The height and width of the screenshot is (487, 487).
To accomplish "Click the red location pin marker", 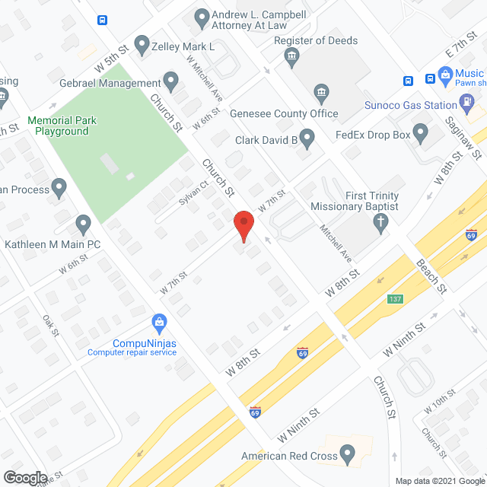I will (x=243, y=224).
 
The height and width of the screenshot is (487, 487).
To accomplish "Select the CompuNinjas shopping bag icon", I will (x=159, y=323).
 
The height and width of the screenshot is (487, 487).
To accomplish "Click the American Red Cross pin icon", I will (x=348, y=455).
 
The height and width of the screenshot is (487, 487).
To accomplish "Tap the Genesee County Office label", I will (x=284, y=113).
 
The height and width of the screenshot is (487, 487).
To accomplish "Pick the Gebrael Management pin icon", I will (x=170, y=81).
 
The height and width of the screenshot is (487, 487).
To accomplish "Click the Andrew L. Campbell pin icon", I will (x=202, y=16).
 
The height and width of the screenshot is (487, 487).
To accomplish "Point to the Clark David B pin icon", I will (x=307, y=139).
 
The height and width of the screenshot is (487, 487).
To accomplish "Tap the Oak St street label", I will (x=51, y=325).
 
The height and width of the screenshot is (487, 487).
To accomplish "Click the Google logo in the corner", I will (x=24, y=478).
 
